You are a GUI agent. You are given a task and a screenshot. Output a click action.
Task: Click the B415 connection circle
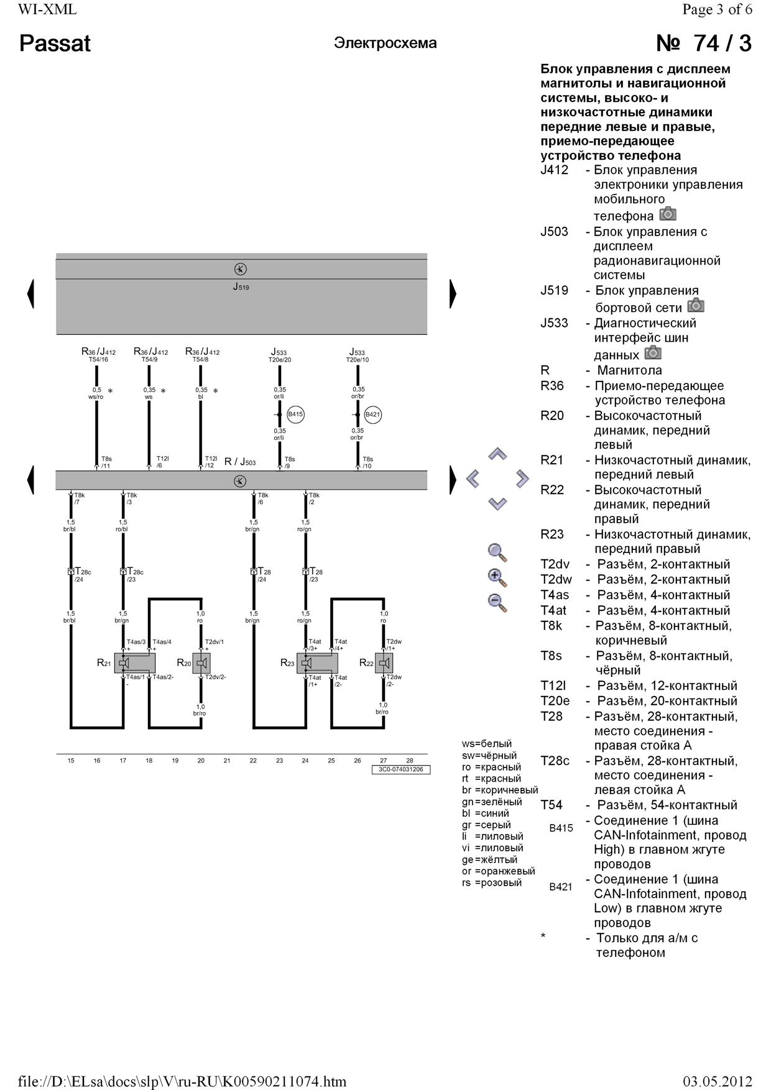(295, 414)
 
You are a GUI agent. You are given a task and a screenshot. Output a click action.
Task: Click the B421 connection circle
(372, 414)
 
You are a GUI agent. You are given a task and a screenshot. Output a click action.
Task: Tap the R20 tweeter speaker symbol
(201, 663)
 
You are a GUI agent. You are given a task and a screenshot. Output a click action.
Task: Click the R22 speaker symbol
(384, 663)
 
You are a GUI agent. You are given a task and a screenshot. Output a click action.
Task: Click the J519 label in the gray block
(241, 287)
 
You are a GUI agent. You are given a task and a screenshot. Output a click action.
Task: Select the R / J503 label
(240, 462)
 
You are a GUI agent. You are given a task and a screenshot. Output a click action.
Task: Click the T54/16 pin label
(98, 359)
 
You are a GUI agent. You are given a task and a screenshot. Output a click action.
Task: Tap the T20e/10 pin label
(357, 360)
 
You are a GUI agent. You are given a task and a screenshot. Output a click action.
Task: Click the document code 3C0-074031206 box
(401, 769)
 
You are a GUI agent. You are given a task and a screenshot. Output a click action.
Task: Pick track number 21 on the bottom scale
(227, 760)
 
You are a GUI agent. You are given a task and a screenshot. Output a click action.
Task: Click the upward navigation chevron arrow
(497, 454)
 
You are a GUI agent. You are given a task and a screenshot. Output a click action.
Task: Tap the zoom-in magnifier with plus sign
(497, 577)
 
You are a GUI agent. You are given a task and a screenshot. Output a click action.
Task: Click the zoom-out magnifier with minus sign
(497, 603)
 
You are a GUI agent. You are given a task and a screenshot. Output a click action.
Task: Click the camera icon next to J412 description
(668, 214)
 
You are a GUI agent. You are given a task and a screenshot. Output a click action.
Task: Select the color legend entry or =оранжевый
(498, 871)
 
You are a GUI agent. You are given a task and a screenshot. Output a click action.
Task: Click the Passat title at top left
(55, 44)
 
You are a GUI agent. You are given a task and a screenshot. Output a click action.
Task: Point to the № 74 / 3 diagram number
(703, 44)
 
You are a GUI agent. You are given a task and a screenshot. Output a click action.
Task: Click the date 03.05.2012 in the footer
(717, 1081)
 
